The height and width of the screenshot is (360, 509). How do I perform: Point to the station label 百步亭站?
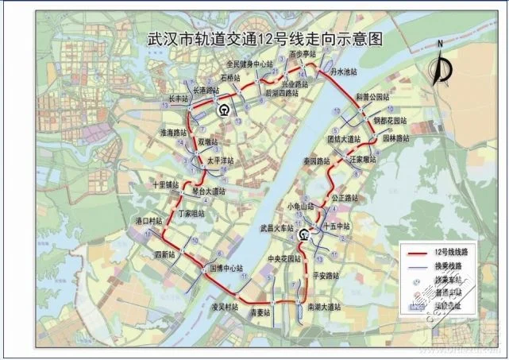tap(303, 55)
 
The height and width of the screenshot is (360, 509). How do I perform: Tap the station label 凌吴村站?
tap(225, 306)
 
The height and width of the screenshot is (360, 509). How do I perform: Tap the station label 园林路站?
tap(396, 137)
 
